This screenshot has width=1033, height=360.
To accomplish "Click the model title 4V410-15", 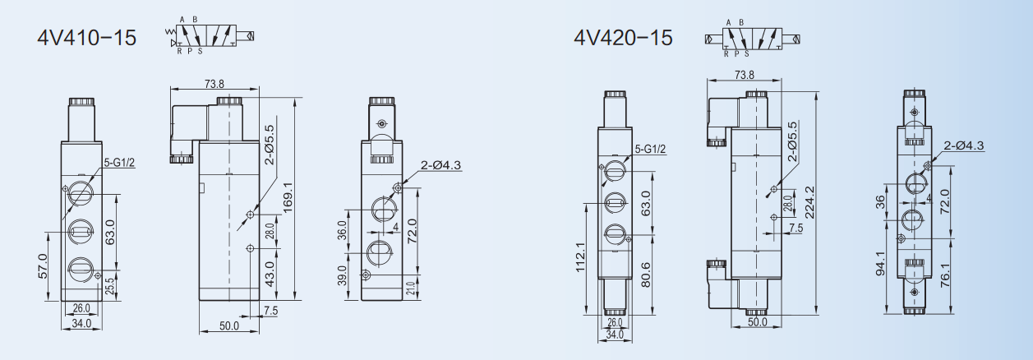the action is [86, 37].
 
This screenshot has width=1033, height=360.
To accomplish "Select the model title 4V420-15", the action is [623, 37].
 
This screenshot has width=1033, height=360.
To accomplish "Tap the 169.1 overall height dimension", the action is [288, 197].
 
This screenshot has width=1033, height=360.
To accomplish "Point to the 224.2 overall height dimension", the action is [809, 202].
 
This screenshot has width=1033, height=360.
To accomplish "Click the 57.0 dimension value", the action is [43, 266].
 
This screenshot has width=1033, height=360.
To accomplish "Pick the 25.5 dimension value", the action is [109, 286].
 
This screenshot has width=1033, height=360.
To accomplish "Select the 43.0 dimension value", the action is [270, 274].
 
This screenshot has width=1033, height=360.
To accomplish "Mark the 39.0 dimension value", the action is [342, 275].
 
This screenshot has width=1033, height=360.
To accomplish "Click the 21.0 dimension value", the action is [410, 288].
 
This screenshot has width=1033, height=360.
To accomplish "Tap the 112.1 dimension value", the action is [580, 257].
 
